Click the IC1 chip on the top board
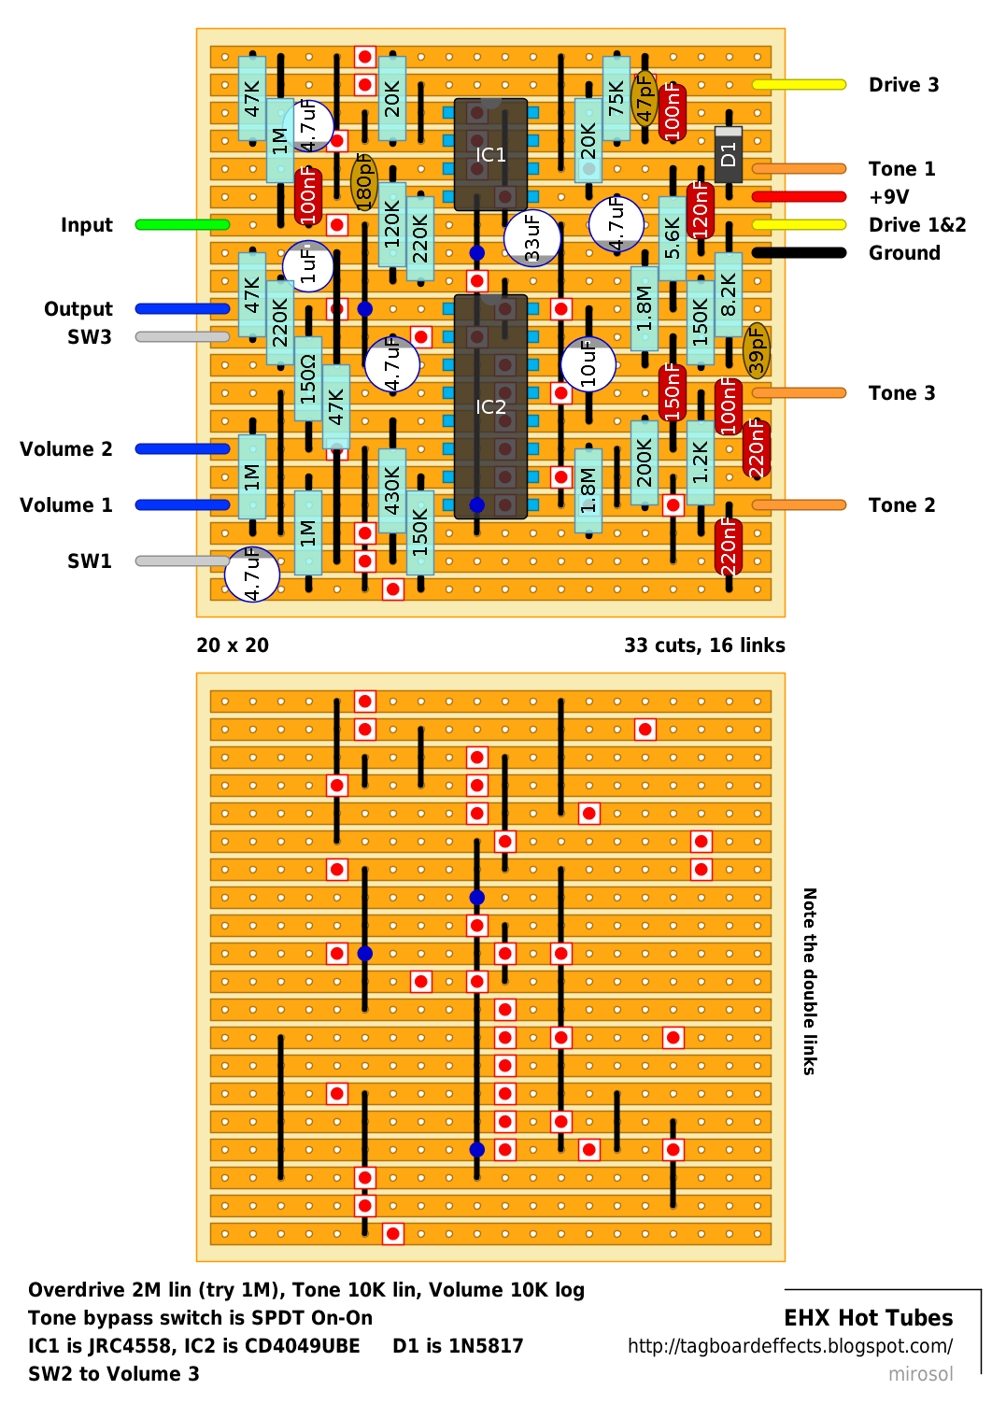pos(490,154)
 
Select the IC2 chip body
pos(490,406)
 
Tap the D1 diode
pos(729,154)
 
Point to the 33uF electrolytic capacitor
pos(532,238)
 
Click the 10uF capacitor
pos(588,364)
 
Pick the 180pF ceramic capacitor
pos(364,182)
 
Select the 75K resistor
pos(616,98)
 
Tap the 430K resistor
pos(392,490)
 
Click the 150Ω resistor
pos(308,378)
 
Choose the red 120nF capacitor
pos(700,210)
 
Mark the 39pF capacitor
pos(757,350)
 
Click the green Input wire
pos(182,224)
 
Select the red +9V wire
pos(799,197)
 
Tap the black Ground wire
pos(799,252)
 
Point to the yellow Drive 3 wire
pos(799,85)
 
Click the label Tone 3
pos(901,393)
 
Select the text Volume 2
pos(65,448)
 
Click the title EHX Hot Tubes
pos(868,1318)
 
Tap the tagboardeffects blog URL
pos(790,1346)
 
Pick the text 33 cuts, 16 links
pos(704,645)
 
